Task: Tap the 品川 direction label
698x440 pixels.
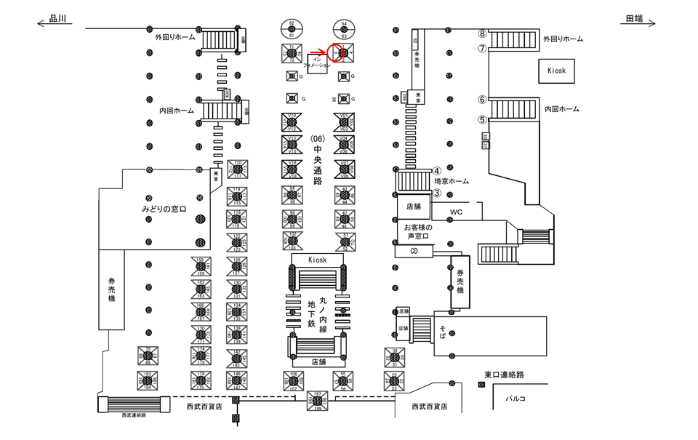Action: pyautogui.click(x=57, y=20)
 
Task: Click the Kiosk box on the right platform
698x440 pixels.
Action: pyautogui.click(x=556, y=71)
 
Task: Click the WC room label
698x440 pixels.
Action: pyautogui.click(x=456, y=212)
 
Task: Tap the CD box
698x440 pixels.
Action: pyautogui.click(x=414, y=251)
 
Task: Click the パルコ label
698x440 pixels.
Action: pyautogui.click(x=516, y=399)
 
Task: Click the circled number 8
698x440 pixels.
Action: pyautogui.click(x=481, y=33)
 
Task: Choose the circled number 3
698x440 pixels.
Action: pyautogui.click(x=437, y=193)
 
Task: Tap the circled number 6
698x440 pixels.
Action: pyautogui.click(x=481, y=100)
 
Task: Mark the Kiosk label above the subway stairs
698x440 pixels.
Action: pyautogui.click(x=317, y=259)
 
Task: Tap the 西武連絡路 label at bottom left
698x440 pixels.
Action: pyautogui.click(x=134, y=415)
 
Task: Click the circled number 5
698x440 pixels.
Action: pyautogui.click(x=481, y=120)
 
